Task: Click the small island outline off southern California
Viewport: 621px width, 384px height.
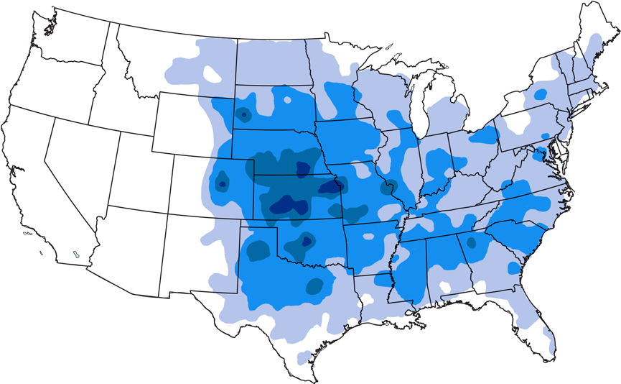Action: pyautogui.click(x=75, y=254)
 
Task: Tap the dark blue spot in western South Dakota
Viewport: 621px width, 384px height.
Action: pyautogui.click(x=243, y=114)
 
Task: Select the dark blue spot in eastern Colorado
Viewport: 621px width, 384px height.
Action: pyautogui.click(x=222, y=184)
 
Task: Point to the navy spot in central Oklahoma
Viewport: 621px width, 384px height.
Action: pyautogui.click(x=307, y=242)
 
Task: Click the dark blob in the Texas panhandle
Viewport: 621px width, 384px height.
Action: pyautogui.click(x=258, y=250)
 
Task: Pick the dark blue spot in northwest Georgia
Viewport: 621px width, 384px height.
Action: pyautogui.click(x=471, y=242)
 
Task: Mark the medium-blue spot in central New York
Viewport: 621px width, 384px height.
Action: pyautogui.click(x=540, y=93)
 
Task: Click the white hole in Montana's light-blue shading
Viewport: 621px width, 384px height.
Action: pyautogui.click(x=213, y=73)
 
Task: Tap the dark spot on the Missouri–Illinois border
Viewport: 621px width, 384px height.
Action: pyautogui.click(x=388, y=189)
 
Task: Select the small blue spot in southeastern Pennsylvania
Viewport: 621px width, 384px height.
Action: pyautogui.click(x=544, y=135)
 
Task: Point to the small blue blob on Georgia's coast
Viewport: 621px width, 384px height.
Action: pyautogui.click(x=513, y=268)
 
